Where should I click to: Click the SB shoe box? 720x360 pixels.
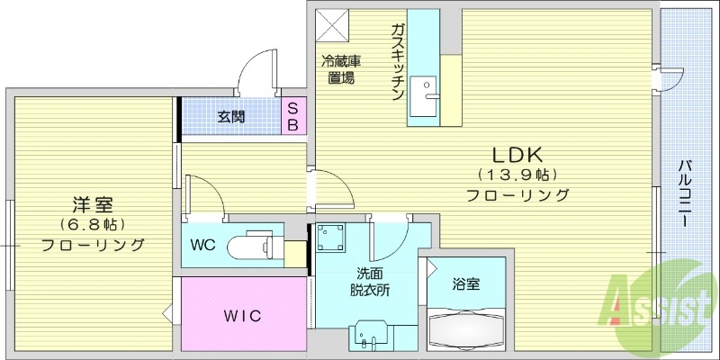(293, 115)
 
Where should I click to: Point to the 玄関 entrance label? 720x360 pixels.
(231, 116)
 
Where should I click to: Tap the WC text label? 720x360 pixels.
(203, 245)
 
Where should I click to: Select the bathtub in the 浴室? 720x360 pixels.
(466, 329)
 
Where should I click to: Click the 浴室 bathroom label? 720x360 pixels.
(465, 284)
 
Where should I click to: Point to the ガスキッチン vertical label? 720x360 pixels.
(396, 63)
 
